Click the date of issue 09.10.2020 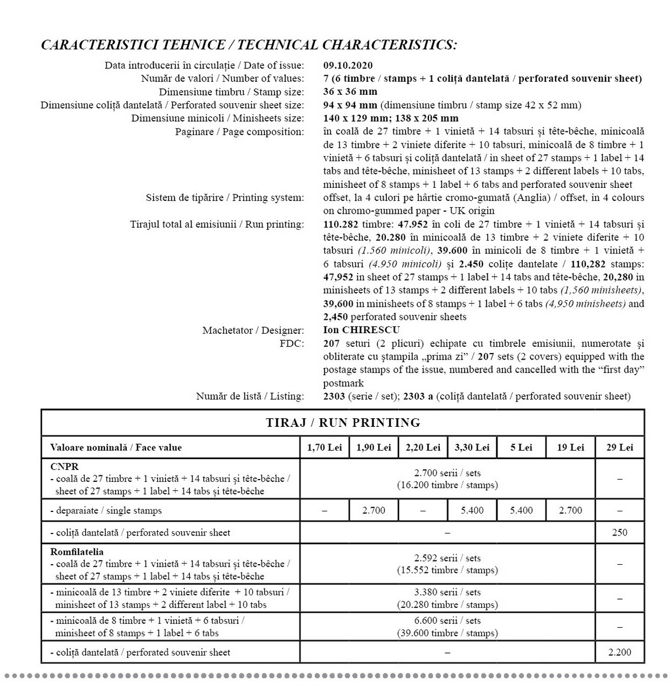(348, 65)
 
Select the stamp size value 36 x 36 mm (350, 92)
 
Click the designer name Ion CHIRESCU (361, 330)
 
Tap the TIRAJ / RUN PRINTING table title (343, 423)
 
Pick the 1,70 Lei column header (324, 447)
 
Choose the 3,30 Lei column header (472, 447)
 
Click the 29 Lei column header (619, 447)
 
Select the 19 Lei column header (570, 447)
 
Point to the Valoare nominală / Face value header (116, 447)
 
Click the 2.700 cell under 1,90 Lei (373, 510)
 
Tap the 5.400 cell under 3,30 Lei (472, 510)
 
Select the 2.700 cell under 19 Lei (570, 510)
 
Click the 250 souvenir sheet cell (619, 532)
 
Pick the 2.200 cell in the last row (619, 652)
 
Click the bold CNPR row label (64, 467)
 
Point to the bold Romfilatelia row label (77, 552)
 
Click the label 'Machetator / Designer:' (253, 331)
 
